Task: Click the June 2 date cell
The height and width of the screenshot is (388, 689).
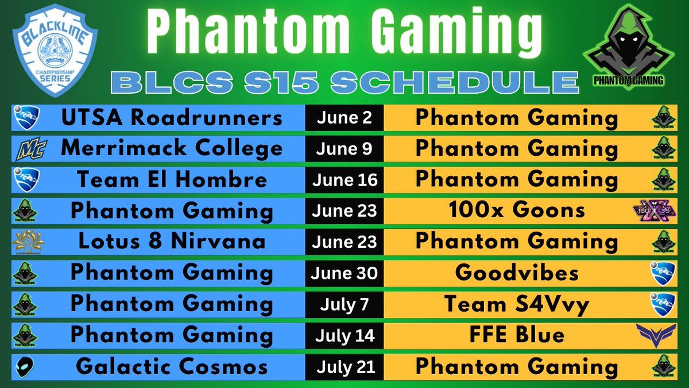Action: [344, 118]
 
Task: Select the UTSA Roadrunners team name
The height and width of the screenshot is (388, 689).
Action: [172, 118]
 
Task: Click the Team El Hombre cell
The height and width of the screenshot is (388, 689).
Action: [172, 179]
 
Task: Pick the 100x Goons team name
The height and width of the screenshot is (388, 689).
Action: [517, 210]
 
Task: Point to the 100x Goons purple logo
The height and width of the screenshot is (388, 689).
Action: [650, 211]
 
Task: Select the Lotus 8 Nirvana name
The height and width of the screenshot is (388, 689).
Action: [172, 241]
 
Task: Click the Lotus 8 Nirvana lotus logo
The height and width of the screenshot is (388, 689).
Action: [28, 241]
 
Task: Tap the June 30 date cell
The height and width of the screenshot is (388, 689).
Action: [344, 272]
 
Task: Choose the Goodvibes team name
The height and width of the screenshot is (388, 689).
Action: [517, 272]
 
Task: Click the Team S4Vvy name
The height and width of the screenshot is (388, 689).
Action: [517, 303]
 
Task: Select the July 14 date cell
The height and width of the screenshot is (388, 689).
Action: [344, 334]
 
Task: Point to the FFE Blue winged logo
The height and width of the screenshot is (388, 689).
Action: [655, 333]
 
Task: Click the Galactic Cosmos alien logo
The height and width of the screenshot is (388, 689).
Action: [26, 366]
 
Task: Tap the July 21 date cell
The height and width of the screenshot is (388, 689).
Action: [344, 366]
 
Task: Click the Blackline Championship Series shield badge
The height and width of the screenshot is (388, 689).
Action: [55, 55]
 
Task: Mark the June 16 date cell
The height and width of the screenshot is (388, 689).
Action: [344, 179]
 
